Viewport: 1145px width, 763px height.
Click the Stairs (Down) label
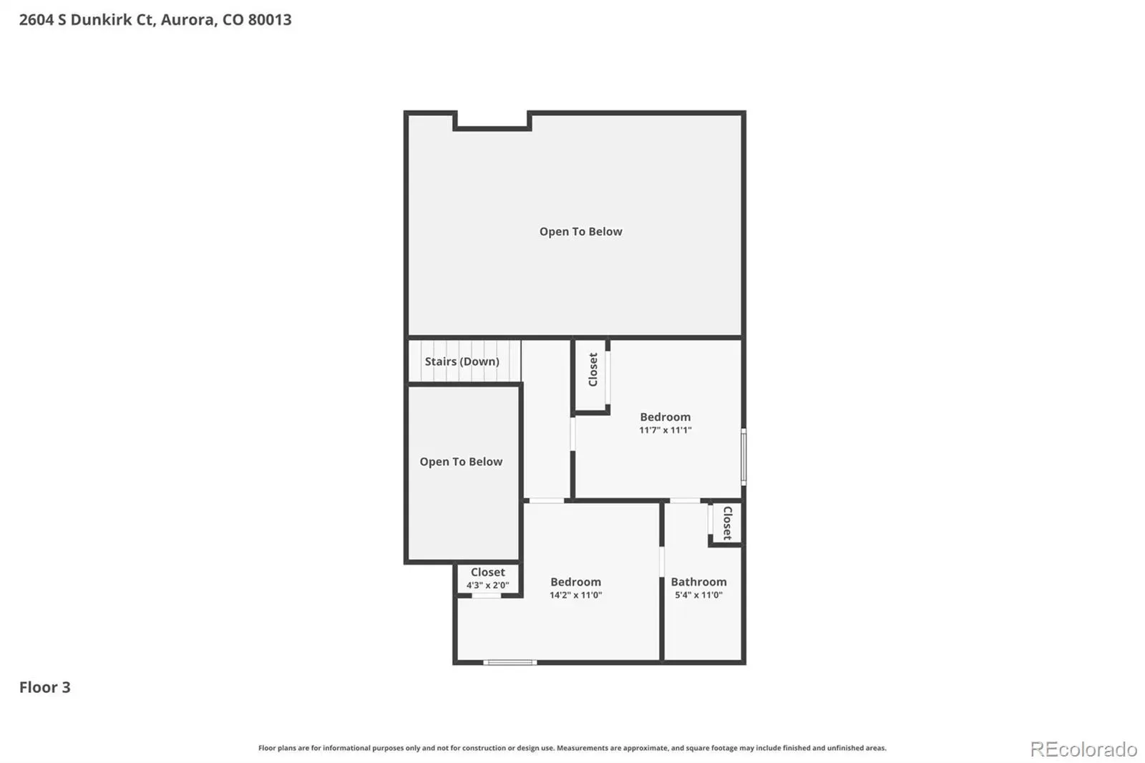coord(462,361)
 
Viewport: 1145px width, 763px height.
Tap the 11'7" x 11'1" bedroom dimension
coord(665,430)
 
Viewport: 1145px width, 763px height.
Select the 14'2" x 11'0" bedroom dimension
coord(575,595)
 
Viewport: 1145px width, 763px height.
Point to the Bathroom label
coord(698,581)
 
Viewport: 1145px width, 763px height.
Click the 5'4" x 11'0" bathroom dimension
coord(698,595)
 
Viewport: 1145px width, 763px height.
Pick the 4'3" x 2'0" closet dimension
coord(487,585)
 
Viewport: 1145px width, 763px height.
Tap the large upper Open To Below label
coord(580,232)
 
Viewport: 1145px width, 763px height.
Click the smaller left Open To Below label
coord(461,462)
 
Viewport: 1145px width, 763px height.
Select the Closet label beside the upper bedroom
coord(593,369)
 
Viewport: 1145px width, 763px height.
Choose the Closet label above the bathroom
coord(727,523)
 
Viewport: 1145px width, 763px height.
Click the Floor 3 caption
coord(45,687)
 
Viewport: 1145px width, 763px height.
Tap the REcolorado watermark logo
coord(1083,749)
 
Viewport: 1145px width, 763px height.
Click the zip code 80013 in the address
coord(270,19)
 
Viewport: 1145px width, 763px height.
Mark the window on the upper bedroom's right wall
coord(744,457)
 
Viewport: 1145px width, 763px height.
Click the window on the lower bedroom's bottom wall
coord(510,662)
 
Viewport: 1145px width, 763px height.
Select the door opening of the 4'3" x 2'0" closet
coord(486,596)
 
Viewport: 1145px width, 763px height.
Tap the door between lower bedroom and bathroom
coord(661,561)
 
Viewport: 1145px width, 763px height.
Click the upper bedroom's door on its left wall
coord(572,434)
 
